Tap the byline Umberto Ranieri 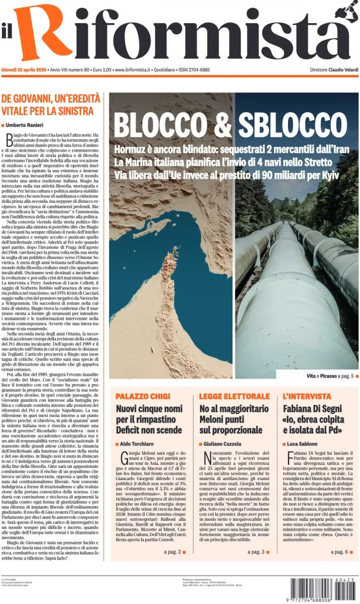tap(26, 125)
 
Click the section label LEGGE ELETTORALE tap(234, 396)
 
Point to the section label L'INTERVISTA tap(307, 396)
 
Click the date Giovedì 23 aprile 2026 tap(24, 70)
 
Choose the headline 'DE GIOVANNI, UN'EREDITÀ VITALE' tap(48, 104)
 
